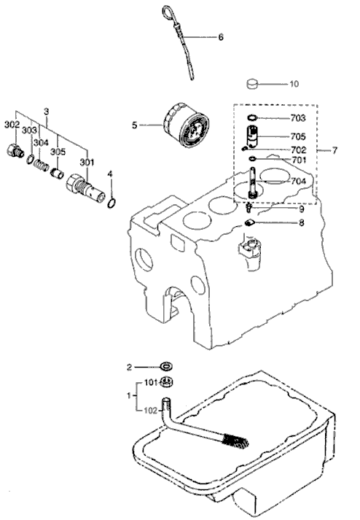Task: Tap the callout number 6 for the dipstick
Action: (221, 36)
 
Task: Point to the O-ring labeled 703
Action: (251, 117)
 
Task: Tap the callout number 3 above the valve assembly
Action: (46, 111)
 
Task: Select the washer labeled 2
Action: (166, 365)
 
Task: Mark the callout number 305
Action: (58, 152)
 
